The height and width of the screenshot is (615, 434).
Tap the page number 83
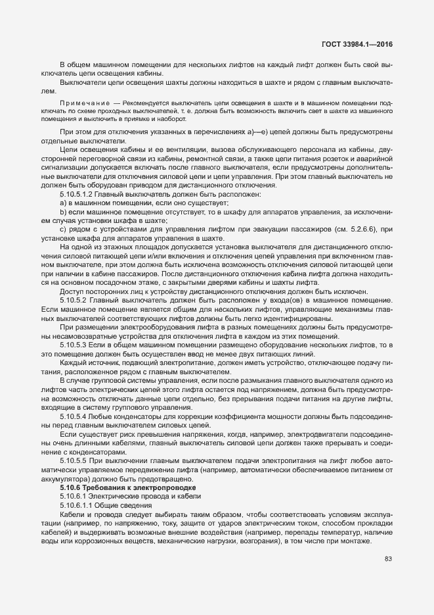(388, 559)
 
